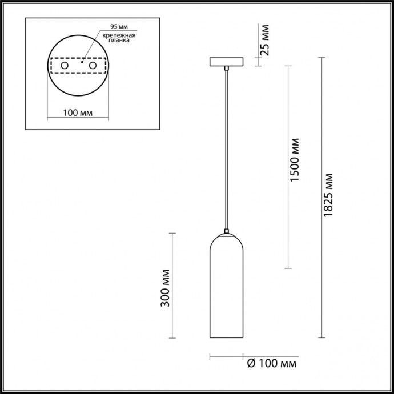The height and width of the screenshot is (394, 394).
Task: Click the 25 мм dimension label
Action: tap(265, 41)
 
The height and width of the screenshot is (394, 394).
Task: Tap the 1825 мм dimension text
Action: tap(327, 194)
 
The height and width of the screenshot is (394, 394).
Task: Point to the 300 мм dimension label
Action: tap(166, 288)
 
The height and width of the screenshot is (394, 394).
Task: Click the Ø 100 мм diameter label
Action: tap(272, 363)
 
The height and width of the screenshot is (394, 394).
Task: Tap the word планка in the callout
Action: tap(119, 41)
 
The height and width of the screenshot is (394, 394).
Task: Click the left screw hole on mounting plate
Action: tap(65, 67)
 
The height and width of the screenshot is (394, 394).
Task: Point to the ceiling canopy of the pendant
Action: tap(227, 62)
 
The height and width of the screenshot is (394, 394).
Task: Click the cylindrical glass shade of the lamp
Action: tap(227, 291)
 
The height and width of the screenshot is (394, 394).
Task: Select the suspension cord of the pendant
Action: tap(227, 148)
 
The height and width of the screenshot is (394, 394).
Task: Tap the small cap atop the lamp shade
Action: tap(227, 232)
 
